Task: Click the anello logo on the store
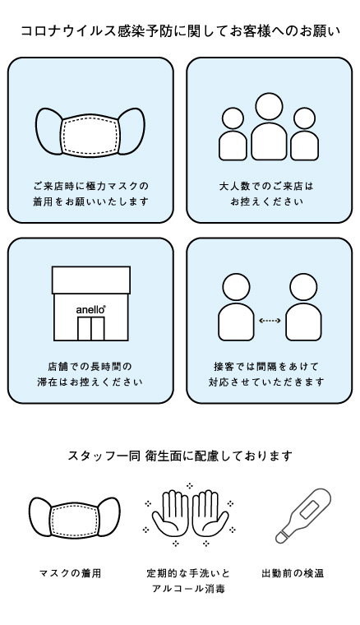[x=90, y=309]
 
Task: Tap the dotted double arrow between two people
[x=270, y=321]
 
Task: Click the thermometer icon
[x=303, y=516]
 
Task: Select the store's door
[x=90, y=329]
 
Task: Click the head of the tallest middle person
[x=270, y=106]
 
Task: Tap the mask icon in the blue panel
[x=90, y=132]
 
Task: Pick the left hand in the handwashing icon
[x=170, y=513]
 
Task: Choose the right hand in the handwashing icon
[x=210, y=513]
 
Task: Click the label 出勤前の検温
[x=293, y=573]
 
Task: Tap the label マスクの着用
[x=71, y=573]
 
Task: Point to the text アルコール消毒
[x=188, y=588]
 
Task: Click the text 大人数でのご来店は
[x=266, y=186]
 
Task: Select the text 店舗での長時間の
[x=90, y=366]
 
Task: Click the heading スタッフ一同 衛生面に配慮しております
[x=180, y=456]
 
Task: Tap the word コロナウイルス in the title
[x=67, y=30]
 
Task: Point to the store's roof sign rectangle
[x=91, y=280]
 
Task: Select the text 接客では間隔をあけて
[x=266, y=366]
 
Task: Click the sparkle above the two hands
[x=190, y=485]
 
